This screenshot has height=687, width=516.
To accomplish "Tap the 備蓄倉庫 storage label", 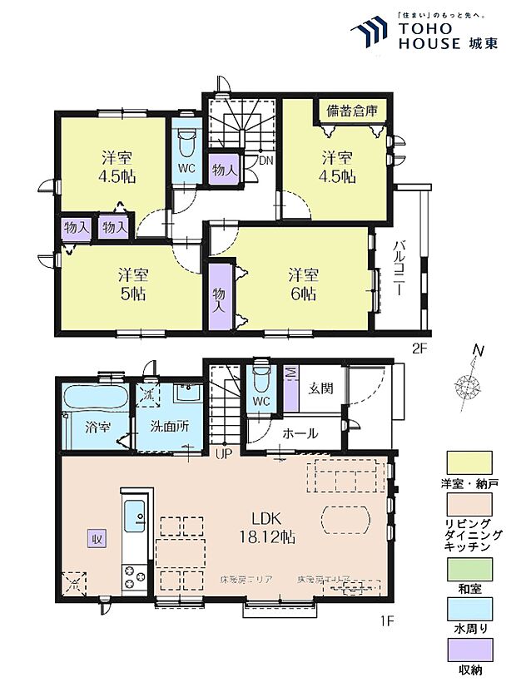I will (350, 111).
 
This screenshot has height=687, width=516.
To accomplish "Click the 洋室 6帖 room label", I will (302, 284).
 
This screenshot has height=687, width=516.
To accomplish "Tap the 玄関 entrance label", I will (320, 388).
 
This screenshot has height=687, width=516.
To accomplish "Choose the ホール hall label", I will (299, 432).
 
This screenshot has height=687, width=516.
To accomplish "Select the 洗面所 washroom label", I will (169, 425).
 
